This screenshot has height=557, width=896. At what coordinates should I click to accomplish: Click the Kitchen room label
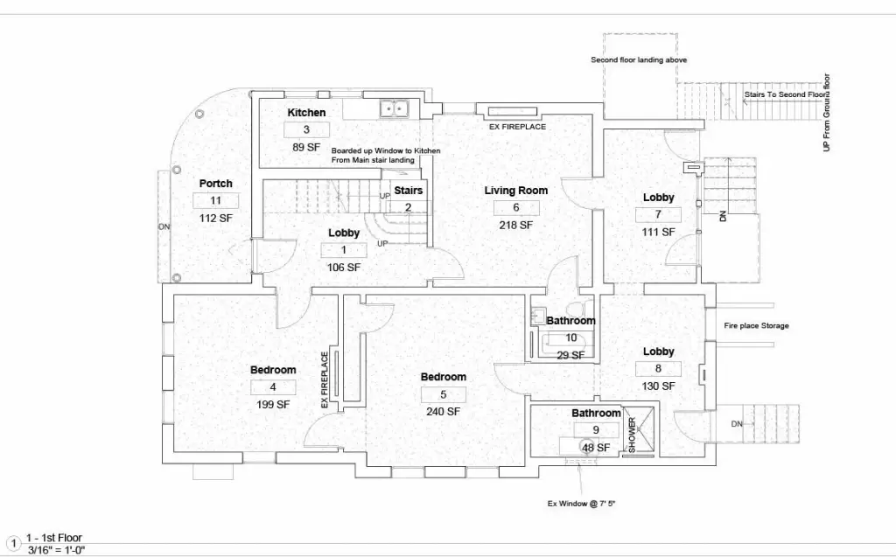tap(306, 113)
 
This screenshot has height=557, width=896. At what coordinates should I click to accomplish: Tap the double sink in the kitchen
tap(395, 108)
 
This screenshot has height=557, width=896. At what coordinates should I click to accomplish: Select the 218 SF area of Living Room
tap(516, 225)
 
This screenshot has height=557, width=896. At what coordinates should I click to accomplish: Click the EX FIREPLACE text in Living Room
tap(517, 127)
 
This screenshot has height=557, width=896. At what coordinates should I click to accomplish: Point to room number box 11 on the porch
tap(215, 200)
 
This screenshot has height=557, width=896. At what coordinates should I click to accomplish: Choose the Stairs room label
tap(408, 191)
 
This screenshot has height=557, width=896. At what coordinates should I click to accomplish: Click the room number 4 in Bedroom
tap(273, 386)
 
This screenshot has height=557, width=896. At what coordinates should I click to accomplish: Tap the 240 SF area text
tap(443, 411)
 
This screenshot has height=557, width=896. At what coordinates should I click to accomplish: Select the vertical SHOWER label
tap(632, 435)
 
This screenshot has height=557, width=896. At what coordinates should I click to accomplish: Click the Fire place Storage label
tap(756, 325)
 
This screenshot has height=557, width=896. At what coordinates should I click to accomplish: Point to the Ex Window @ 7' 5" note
tap(581, 504)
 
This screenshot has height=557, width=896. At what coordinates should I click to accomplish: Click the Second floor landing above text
tap(639, 59)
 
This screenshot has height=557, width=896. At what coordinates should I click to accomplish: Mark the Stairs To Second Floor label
tap(786, 94)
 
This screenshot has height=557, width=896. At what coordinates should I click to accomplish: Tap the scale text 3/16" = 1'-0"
tap(56, 550)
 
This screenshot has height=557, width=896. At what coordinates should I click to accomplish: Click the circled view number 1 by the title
tap(12, 543)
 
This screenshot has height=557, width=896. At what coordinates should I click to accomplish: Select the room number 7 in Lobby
tap(658, 214)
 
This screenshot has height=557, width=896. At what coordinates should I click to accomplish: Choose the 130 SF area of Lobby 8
tap(658, 386)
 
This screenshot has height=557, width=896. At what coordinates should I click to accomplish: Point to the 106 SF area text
tap(343, 268)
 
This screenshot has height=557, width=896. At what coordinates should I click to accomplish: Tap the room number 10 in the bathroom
tap(570, 338)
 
